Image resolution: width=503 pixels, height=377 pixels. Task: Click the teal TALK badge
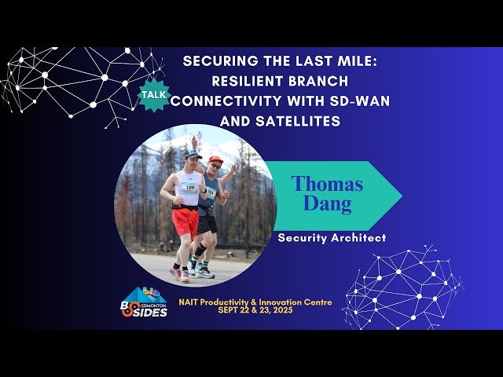pos(152,94)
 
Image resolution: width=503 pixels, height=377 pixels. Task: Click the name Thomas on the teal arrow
pos(327,184)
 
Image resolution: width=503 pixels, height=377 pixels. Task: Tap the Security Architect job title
pos(332,237)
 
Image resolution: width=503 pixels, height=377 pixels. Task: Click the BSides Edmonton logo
pos(144,302)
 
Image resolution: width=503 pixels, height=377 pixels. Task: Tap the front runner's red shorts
pos(185,221)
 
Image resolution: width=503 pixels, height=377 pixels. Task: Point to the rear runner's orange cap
pos(215,159)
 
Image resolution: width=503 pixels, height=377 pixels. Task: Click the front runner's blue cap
pos(193,155)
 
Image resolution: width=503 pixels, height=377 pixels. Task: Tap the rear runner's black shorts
pos(207,223)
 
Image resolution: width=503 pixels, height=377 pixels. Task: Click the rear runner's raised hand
pos(194,142)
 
